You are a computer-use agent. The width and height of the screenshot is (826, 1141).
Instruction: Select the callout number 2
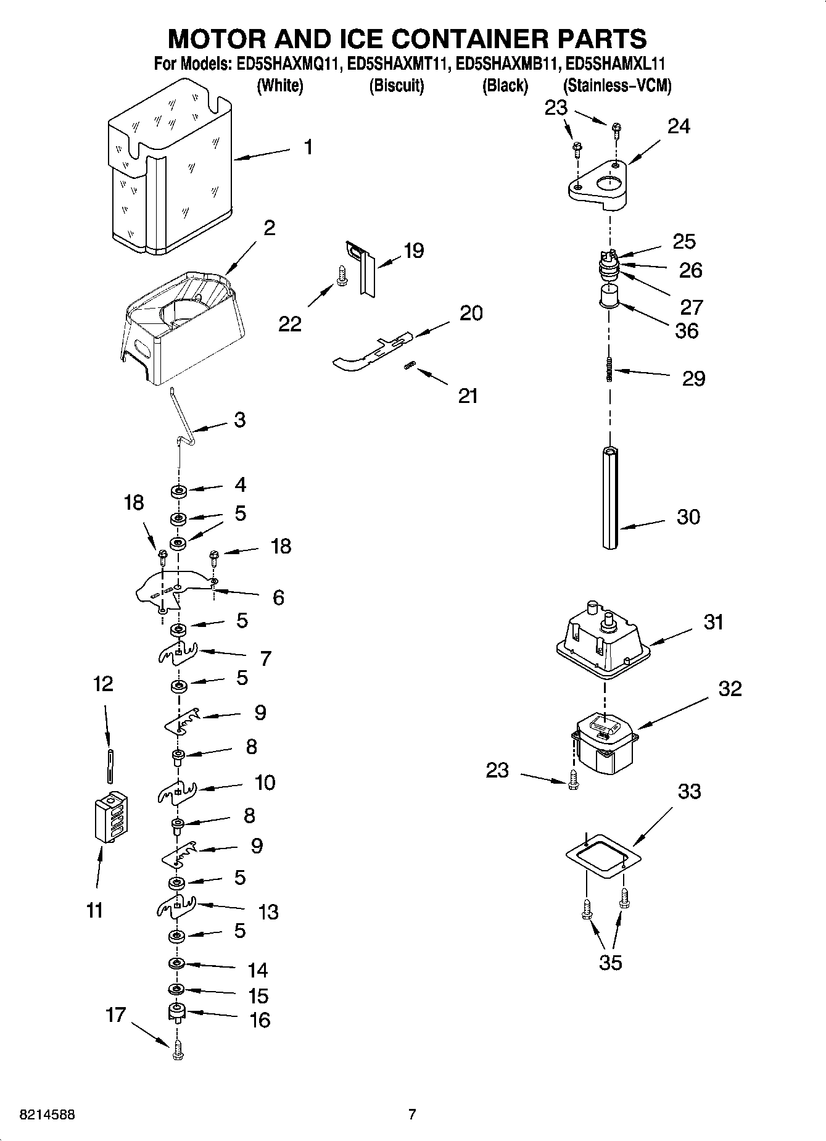[269, 228]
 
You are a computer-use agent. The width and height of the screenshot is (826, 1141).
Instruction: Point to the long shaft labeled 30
[610, 499]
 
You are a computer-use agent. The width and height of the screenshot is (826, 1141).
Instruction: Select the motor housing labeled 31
[603, 642]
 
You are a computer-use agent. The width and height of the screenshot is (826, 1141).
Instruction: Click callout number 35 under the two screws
[610, 962]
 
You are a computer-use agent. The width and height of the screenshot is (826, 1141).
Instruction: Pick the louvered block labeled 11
[111, 816]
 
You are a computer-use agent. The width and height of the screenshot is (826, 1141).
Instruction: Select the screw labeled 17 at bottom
[177, 1052]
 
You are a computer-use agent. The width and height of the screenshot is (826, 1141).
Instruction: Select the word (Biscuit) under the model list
[396, 86]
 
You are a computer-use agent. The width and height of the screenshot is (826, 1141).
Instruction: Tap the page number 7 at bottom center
[412, 1114]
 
